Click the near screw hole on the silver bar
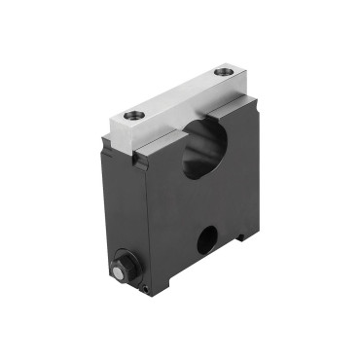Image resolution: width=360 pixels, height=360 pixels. pyautogui.click(x=133, y=115)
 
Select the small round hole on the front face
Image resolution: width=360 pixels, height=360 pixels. pyautogui.click(x=207, y=239)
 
